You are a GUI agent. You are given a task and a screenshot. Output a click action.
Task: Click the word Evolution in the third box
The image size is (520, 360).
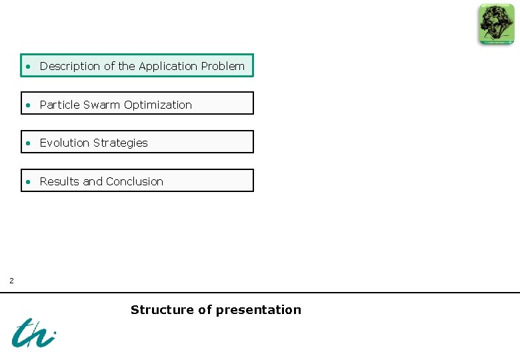click(x=64, y=143)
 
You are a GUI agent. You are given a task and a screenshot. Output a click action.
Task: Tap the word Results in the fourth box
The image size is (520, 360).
click(x=60, y=181)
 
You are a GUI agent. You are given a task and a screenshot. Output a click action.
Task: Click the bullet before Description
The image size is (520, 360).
click(x=29, y=67)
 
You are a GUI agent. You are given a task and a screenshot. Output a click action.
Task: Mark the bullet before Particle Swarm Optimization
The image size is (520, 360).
click(x=29, y=105)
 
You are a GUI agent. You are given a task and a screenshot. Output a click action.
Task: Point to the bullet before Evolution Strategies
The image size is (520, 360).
click(x=29, y=143)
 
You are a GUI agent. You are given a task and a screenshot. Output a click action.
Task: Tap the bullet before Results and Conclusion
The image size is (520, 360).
click(x=29, y=182)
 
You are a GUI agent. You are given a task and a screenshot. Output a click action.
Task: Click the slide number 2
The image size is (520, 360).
click(x=11, y=281)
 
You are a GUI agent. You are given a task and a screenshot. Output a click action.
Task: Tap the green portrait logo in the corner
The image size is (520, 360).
click(x=496, y=24)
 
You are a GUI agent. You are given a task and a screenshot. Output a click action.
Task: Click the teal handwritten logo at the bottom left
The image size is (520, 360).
click(x=33, y=332)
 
